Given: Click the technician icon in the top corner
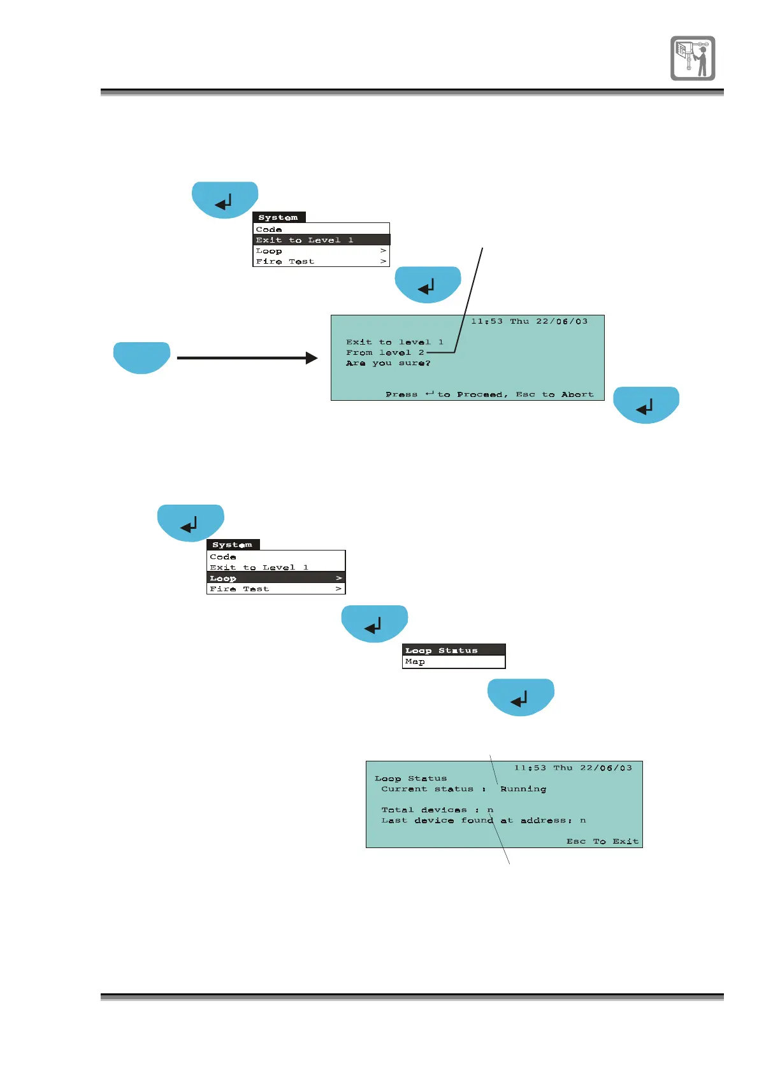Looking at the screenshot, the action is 692,58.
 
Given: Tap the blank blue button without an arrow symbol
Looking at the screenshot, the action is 141,357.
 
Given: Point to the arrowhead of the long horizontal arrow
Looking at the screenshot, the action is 312,358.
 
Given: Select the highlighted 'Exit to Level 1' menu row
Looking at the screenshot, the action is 321,240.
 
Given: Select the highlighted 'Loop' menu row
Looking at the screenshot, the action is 275,578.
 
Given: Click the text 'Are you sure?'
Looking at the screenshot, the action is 388,363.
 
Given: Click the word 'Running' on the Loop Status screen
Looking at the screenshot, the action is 523,789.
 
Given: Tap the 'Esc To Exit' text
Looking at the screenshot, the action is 602,842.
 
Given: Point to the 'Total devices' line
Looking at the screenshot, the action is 437,810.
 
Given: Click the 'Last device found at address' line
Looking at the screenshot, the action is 483,821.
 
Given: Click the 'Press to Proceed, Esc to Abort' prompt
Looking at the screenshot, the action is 489,394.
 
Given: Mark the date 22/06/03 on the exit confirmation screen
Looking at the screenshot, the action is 561,322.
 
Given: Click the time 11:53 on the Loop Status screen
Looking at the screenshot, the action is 530,768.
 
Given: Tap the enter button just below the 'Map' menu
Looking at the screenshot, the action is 521,697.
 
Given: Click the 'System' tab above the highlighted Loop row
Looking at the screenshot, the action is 233,545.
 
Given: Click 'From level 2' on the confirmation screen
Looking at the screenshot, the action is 385,352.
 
